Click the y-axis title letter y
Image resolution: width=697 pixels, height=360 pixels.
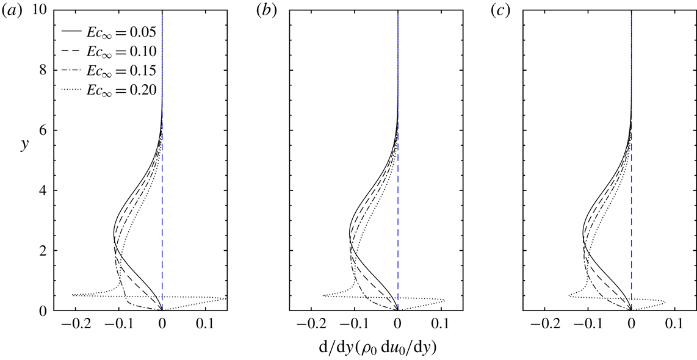pos(23,146)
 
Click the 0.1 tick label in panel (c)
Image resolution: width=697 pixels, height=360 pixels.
pos(674,324)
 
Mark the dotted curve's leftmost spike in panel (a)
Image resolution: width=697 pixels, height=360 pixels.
pos(73,295)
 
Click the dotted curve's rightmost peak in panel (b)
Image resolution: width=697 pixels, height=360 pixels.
pos(444,300)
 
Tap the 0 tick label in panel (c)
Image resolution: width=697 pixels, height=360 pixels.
pos(631,324)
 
